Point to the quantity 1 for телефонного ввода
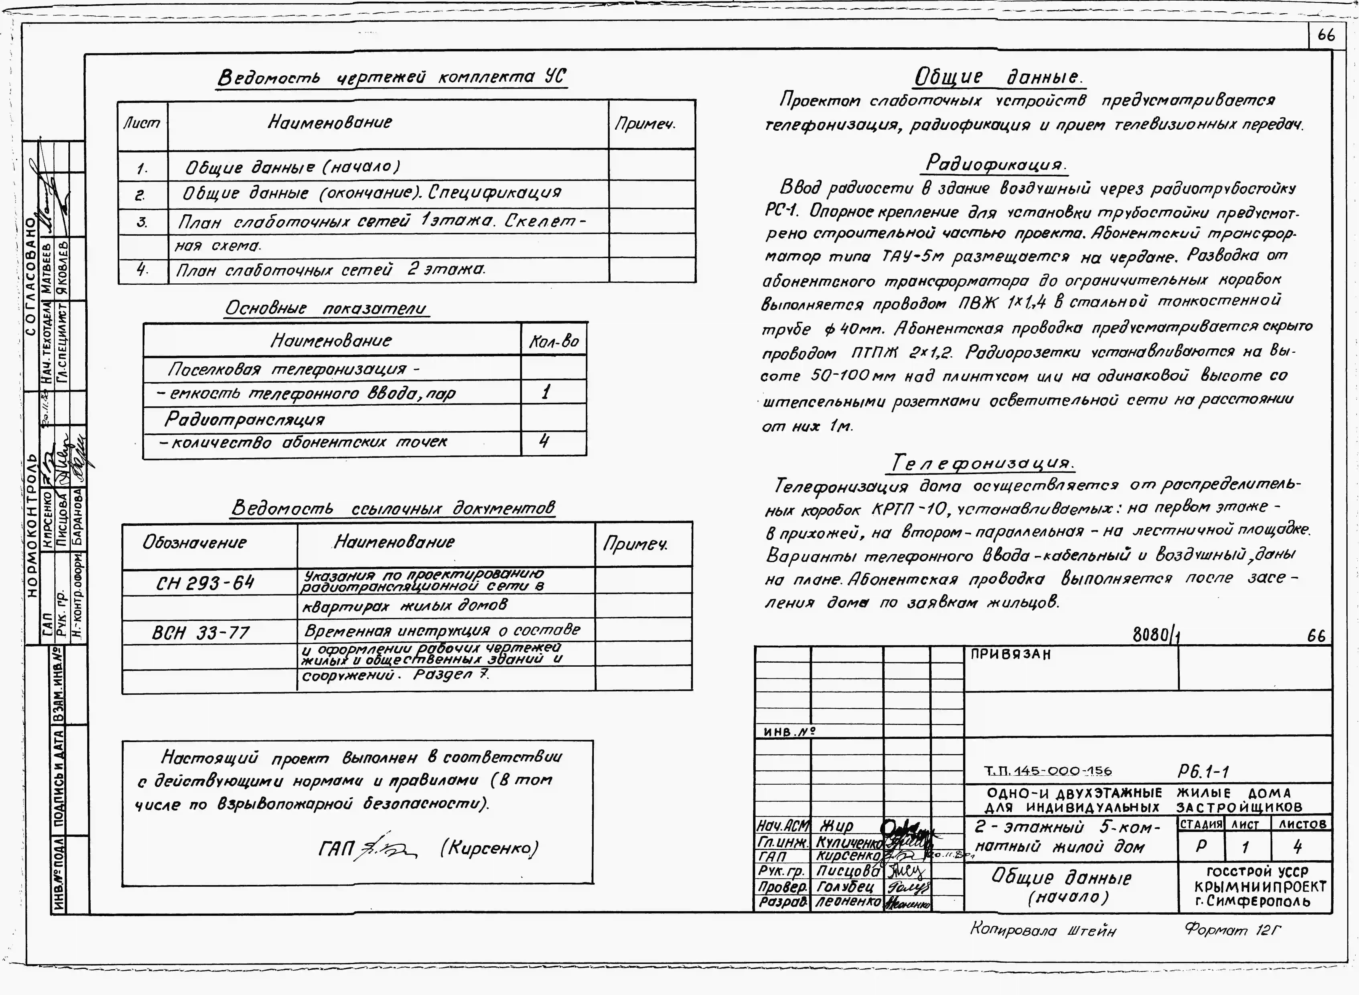pyautogui.click(x=546, y=393)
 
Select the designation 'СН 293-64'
pyautogui.click(x=205, y=582)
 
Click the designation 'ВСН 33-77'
pyautogui.click(x=201, y=632)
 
